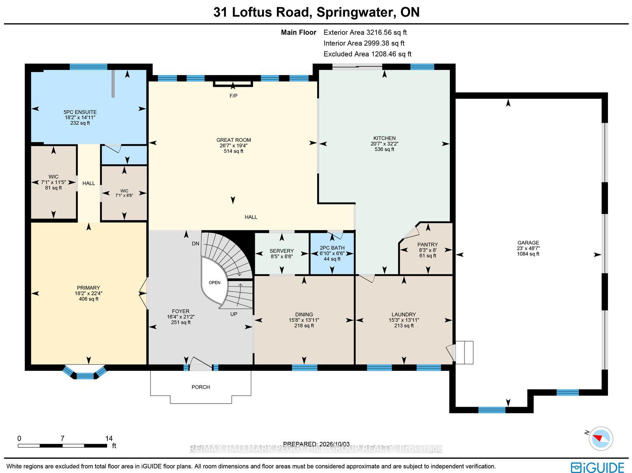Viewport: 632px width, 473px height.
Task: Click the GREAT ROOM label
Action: tap(233, 140)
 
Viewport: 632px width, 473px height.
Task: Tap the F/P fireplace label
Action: tap(233, 96)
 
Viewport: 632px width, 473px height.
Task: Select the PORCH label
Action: tap(201, 387)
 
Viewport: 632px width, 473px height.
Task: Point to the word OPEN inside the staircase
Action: tap(214, 283)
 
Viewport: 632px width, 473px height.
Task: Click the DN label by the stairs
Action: tap(196, 244)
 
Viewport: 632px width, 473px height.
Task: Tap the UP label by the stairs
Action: tap(234, 314)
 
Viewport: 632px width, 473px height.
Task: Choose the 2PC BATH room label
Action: tap(332, 248)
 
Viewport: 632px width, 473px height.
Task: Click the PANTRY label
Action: tap(427, 244)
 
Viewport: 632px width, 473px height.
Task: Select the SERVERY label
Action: tap(282, 251)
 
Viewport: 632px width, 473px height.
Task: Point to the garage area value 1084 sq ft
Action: tap(528, 254)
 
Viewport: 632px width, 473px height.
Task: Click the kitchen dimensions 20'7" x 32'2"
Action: tap(384, 144)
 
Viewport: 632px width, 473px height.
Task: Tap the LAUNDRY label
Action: tap(404, 315)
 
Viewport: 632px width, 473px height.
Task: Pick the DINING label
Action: tap(304, 315)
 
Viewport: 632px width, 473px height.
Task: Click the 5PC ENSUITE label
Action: tap(80, 112)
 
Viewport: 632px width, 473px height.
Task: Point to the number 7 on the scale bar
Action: tap(62, 439)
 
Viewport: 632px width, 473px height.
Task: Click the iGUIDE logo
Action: tap(598, 467)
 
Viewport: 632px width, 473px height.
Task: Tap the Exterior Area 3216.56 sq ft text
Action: tap(365, 32)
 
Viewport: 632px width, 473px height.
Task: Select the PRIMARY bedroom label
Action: tap(88, 288)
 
